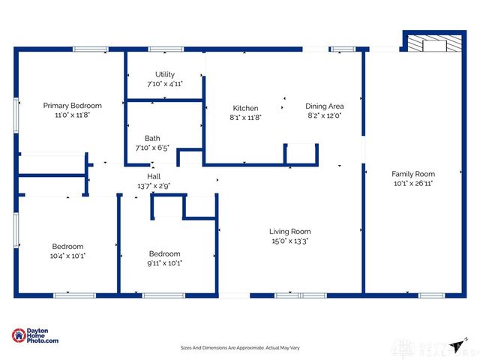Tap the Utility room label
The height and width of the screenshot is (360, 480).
[165, 74]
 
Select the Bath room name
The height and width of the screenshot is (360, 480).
[152, 138]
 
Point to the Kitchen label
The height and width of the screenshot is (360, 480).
[245, 108]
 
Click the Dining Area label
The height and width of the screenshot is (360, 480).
[324, 106]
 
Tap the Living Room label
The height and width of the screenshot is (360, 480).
[290, 232]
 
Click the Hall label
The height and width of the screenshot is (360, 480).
[153, 175]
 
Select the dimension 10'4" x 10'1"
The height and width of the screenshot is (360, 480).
[67, 256]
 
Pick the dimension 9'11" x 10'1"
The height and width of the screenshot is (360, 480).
[164, 263]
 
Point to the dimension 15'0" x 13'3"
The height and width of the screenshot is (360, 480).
[290, 241]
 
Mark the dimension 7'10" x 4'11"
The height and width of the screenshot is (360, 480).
[165, 84]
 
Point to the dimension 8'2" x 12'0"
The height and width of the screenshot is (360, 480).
[324, 116]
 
